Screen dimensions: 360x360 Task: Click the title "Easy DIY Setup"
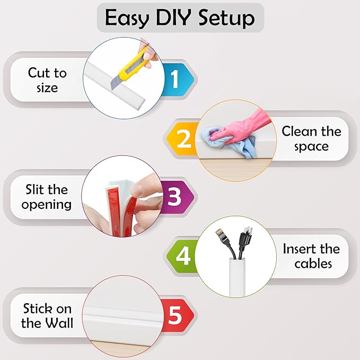180,18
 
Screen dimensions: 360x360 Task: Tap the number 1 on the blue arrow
174,80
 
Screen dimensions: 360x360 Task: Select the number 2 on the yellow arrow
183,139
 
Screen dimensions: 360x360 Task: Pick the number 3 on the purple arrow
174,197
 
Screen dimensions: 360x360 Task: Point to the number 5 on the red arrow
174,317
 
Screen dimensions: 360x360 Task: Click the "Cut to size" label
47,80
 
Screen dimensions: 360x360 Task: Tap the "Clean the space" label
311,138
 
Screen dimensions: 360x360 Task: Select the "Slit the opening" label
47,197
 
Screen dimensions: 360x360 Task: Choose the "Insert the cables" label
311,256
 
